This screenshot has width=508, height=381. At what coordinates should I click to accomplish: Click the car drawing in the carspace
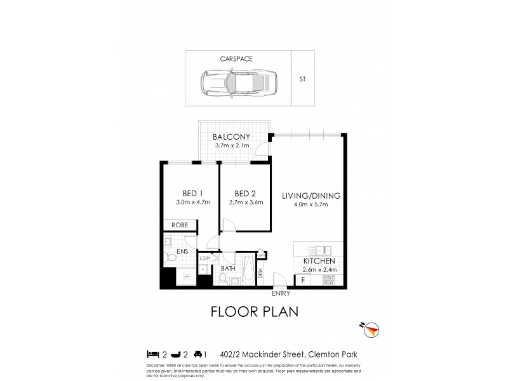click(234, 81)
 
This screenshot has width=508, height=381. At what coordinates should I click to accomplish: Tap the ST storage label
click(302, 80)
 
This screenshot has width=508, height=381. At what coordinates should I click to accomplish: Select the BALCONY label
click(231, 137)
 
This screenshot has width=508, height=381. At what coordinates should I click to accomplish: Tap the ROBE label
click(178, 224)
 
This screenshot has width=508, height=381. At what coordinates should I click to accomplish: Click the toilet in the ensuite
click(170, 257)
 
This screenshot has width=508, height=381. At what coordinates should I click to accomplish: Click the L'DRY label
click(205, 258)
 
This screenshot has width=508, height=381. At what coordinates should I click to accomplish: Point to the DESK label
click(260, 274)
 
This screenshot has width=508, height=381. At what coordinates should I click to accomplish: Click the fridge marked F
click(304, 279)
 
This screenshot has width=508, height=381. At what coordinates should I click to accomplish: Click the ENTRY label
click(280, 293)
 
